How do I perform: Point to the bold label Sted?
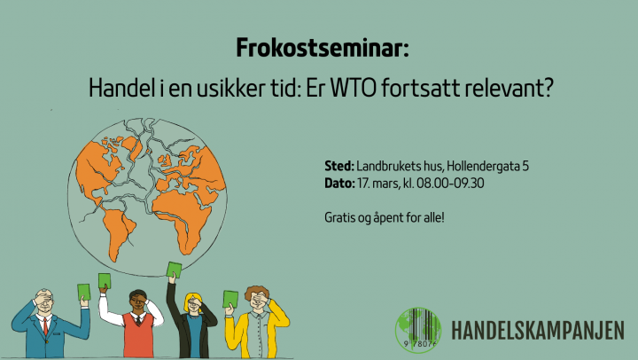click(x=339, y=166)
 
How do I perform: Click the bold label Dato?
click(x=340, y=183)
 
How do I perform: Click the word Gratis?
click(x=341, y=215)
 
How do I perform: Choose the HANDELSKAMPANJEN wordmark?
click(x=537, y=329)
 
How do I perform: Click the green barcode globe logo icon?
click(x=416, y=329)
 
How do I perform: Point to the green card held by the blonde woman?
click(x=175, y=270)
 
